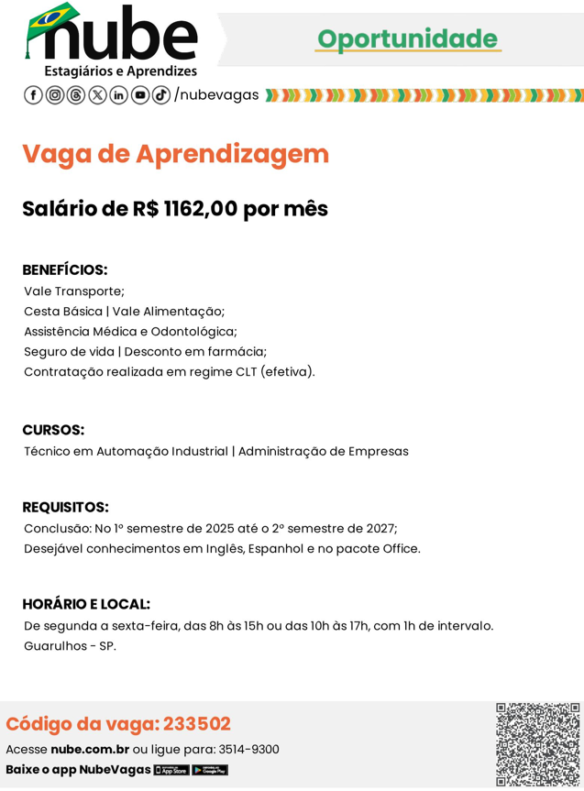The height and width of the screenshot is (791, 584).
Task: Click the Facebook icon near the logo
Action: tap(33, 95)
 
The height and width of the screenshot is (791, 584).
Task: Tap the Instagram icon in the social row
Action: tap(55, 95)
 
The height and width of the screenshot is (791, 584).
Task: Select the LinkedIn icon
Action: tap(119, 95)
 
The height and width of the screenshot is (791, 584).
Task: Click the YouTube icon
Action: tap(140, 95)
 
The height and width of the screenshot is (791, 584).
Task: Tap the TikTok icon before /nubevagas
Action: tap(161, 95)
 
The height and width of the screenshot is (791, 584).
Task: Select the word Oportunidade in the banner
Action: tap(407, 38)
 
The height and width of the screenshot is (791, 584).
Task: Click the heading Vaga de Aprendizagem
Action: tap(175, 154)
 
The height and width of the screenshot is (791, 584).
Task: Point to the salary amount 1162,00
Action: tap(200, 209)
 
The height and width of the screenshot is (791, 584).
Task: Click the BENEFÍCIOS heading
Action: tap(65, 270)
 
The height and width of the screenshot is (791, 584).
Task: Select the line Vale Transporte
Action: tap(74, 291)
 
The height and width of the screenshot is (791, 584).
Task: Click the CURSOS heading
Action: tap(53, 430)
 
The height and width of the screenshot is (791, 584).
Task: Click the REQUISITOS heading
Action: tap(65, 508)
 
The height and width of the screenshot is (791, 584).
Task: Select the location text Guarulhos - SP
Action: tap(71, 646)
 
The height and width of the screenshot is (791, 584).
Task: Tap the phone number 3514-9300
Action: tap(248, 750)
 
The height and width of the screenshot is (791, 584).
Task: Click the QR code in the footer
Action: tap(538, 744)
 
